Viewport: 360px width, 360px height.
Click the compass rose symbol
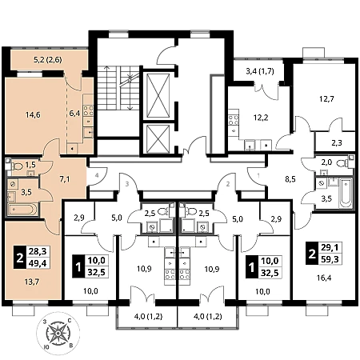coord(58,333)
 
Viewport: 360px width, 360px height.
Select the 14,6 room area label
coord(33,115)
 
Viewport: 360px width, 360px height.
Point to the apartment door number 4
coord(97,175)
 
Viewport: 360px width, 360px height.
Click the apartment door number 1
coord(258,175)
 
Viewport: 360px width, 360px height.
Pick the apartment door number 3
coord(127,184)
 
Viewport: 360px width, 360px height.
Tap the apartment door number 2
coord(228,184)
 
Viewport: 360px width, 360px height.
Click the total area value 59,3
coord(330,258)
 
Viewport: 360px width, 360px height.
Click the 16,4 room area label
coord(324,278)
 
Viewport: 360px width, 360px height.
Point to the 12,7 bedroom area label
coord(326,99)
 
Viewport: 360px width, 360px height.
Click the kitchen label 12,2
coord(261,118)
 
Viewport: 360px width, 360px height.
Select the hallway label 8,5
coord(290,179)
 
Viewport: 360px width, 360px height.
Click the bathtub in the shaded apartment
coord(22,210)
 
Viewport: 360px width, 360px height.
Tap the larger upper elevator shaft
coord(158,96)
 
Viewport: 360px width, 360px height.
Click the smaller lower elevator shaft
coord(158,138)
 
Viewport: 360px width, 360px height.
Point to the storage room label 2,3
coord(337,143)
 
